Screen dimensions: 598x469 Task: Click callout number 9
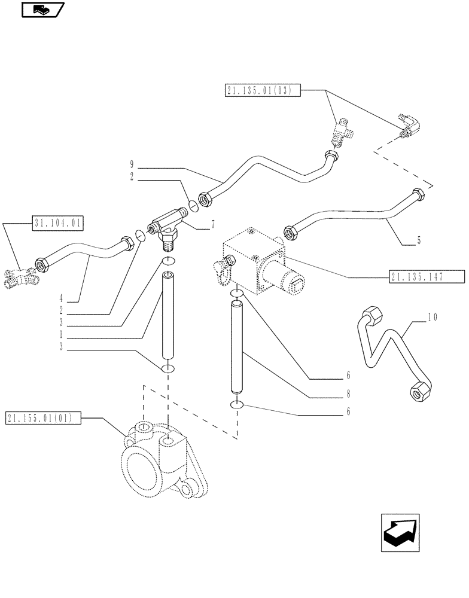(132, 164)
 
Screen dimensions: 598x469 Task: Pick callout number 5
(418, 241)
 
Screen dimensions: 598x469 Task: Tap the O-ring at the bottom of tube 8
(237, 406)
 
